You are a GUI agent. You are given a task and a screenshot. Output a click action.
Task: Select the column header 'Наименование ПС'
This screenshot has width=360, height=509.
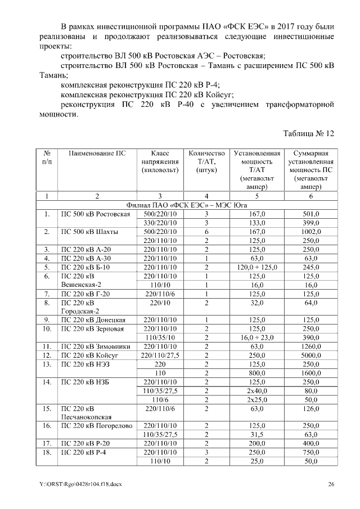point(97,153)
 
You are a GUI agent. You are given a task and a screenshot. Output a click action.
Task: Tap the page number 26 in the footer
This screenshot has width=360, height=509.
point(332,484)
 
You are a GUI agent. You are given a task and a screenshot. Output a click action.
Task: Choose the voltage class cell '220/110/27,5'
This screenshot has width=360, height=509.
point(159,355)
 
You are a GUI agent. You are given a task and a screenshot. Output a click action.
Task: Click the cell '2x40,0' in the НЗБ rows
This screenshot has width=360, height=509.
point(256,390)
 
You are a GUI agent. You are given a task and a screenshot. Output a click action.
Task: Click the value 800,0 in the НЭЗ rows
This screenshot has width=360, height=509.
point(256,372)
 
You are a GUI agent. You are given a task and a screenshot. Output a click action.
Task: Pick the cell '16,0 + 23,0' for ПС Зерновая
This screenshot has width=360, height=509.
point(256,337)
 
